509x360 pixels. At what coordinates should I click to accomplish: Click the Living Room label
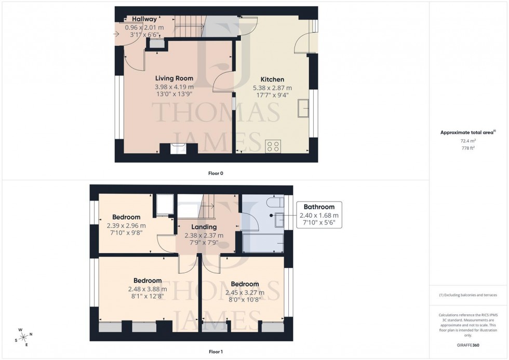[x=174, y=78]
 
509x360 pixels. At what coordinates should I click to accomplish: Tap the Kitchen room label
[x=272, y=79]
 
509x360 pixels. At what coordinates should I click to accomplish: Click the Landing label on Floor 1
[x=204, y=227]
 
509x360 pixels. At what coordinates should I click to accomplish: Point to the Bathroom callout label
[x=319, y=207]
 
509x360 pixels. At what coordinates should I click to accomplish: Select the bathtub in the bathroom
[x=263, y=243]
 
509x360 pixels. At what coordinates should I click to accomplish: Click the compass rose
[x=24, y=336]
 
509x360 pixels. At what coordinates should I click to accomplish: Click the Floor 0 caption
[x=215, y=173]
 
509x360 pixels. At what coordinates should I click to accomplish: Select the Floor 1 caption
[x=215, y=352]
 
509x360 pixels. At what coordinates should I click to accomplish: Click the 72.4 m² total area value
[x=468, y=141]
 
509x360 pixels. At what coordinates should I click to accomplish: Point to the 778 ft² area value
[x=468, y=148]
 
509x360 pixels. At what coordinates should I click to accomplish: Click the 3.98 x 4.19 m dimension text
[x=174, y=87]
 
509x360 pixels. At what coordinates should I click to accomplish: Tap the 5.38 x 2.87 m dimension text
[x=272, y=88]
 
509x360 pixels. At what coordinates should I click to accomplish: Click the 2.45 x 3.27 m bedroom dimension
[x=245, y=292]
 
